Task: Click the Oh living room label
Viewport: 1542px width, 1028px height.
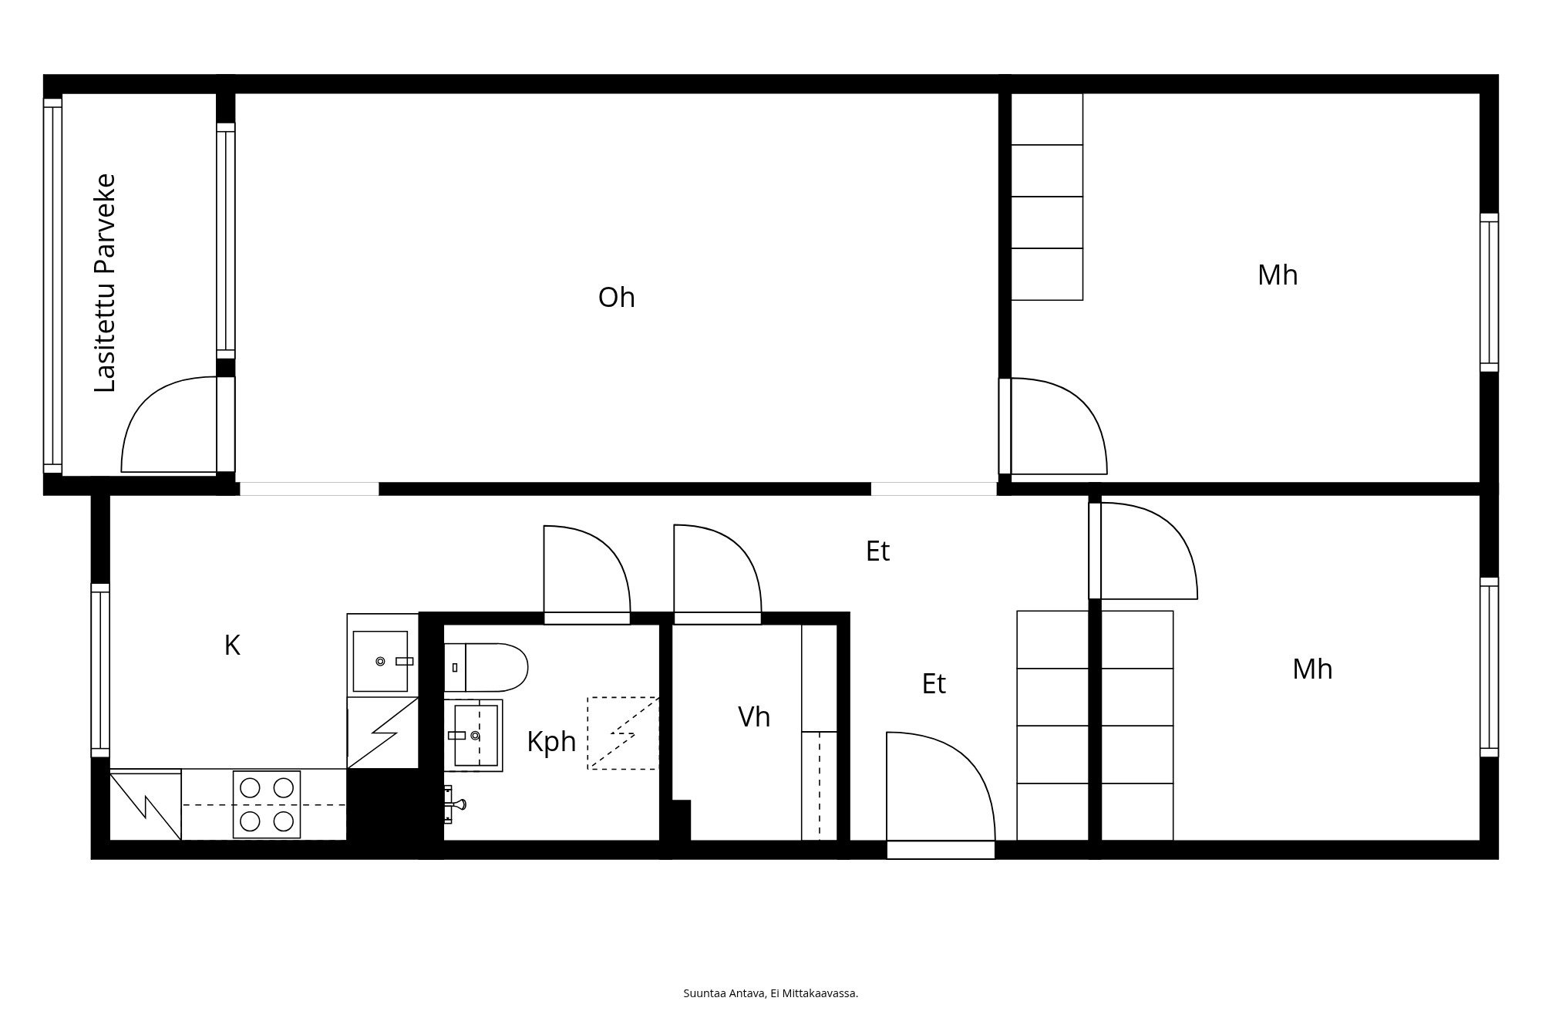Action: pyautogui.click(x=616, y=298)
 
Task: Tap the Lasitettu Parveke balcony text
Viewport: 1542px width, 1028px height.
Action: pyautogui.click(x=105, y=283)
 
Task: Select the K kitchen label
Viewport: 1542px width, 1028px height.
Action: pyautogui.click(x=232, y=645)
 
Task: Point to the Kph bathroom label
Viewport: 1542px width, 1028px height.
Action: pyautogui.click(x=551, y=742)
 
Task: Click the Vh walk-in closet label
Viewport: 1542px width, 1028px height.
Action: pyautogui.click(x=754, y=717)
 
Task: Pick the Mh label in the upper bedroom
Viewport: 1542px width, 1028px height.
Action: pyautogui.click(x=1278, y=275)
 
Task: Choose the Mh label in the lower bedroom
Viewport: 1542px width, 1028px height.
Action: pyautogui.click(x=1312, y=669)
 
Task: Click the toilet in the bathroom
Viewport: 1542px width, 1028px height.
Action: pyautogui.click(x=487, y=667)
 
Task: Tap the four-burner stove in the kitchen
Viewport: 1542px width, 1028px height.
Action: pyautogui.click(x=267, y=804)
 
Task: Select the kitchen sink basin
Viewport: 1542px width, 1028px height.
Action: pyautogui.click(x=380, y=661)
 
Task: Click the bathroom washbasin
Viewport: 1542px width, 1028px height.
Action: pyautogui.click(x=473, y=735)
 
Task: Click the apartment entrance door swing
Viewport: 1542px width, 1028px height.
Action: pyautogui.click(x=964, y=760)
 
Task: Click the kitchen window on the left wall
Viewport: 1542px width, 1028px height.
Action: pyautogui.click(x=100, y=670)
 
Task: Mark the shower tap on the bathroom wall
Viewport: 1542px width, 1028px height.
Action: pyautogui.click(x=455, y=804)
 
